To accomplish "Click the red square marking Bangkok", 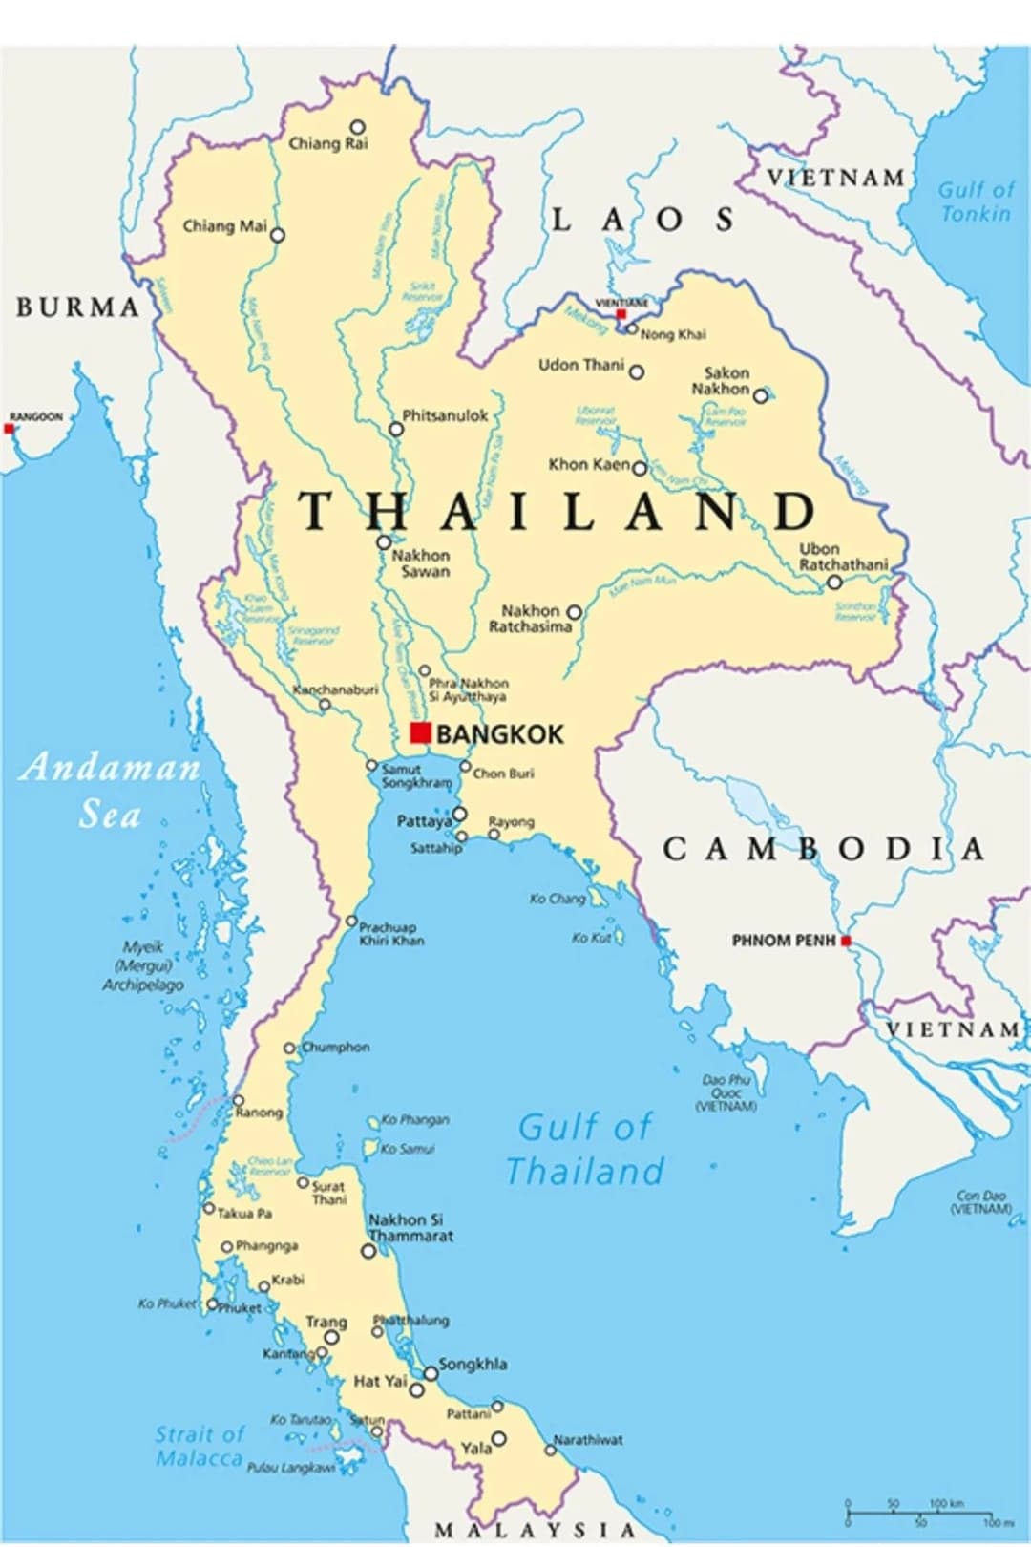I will (420, 732).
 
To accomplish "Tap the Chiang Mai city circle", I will (278, 235).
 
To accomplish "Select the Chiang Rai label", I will (327, 144).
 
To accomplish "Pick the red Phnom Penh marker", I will (846, 941).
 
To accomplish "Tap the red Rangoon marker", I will (10, 429).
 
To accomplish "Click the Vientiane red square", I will (621, 314).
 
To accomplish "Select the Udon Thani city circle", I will (637, 372).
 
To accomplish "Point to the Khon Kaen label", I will (589, 464).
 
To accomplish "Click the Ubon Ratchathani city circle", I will (834, 582).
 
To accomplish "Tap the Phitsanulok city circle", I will (396, 430).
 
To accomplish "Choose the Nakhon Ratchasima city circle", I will (575, 612).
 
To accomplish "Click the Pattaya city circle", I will (459, 815).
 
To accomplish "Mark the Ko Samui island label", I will (408, 1149).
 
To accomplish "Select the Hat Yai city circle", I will (417, 1389).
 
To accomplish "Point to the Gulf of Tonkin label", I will (975, 201).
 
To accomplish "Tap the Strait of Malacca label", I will (200, 1446).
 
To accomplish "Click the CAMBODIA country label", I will (823, 848).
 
